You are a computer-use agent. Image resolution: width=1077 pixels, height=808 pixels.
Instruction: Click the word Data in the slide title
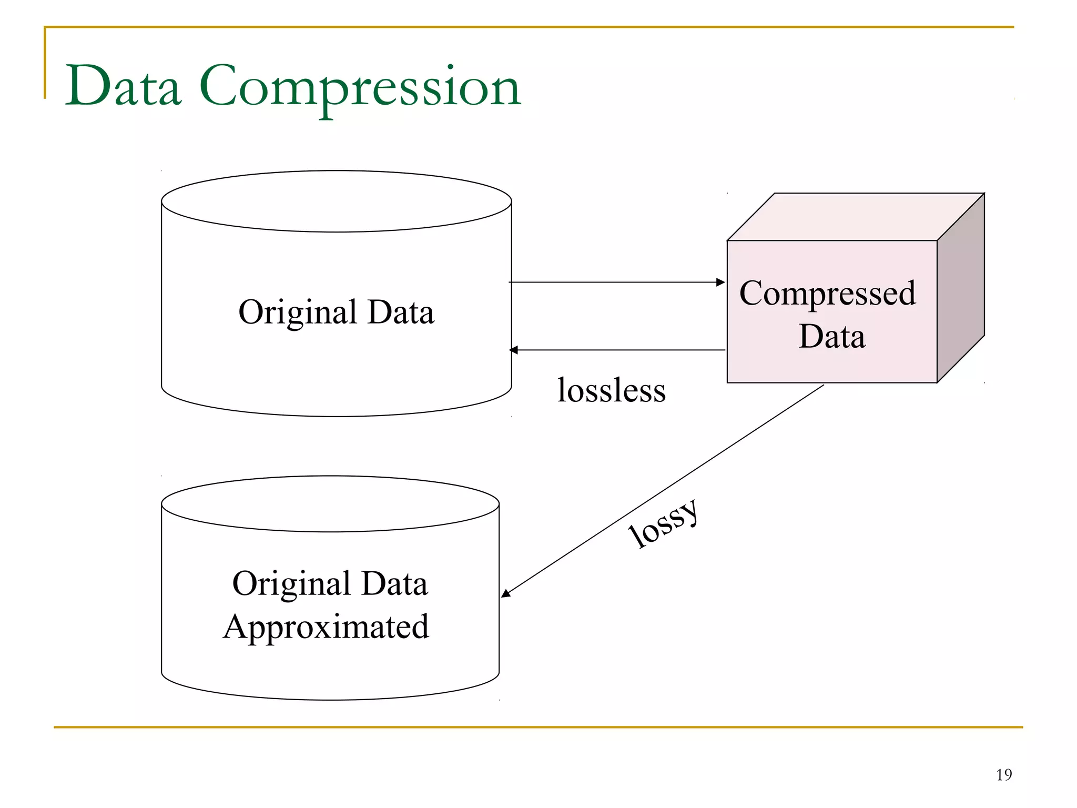click(124, 87)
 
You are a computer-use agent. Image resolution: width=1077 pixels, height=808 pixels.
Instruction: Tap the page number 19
click(1003, 774)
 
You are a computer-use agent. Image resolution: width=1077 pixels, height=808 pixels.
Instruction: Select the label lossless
click(611, 390)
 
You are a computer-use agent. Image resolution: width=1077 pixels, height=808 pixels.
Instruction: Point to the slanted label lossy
click(664, 524)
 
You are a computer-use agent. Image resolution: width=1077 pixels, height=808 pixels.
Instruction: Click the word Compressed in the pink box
click(827, 294)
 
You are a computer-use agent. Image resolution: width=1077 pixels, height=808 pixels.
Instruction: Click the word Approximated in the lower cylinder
click(326, 627)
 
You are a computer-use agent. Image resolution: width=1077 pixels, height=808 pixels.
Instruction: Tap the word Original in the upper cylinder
click(298, 312)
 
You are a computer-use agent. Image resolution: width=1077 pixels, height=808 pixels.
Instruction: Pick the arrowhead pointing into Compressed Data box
click(721, 282)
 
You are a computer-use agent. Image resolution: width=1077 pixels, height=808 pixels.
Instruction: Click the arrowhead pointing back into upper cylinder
click(514, 350)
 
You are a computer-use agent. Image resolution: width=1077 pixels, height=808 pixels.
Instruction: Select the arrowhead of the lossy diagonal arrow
click(505, 593)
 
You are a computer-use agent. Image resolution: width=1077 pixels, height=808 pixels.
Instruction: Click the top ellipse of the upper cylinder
click(337, 201)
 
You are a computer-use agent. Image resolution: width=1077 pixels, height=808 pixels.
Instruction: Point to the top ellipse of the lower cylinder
click(330, 504)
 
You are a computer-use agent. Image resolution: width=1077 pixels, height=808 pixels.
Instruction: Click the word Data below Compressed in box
click(831, 337)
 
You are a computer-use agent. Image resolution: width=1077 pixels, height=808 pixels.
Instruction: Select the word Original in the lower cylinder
click(292, 584)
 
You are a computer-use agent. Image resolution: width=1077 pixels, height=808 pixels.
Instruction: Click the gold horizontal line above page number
click(538, 727)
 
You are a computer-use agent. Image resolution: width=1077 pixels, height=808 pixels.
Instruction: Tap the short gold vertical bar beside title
click(45, 63)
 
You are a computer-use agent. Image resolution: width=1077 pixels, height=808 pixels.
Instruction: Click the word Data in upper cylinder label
click(401, 312)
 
